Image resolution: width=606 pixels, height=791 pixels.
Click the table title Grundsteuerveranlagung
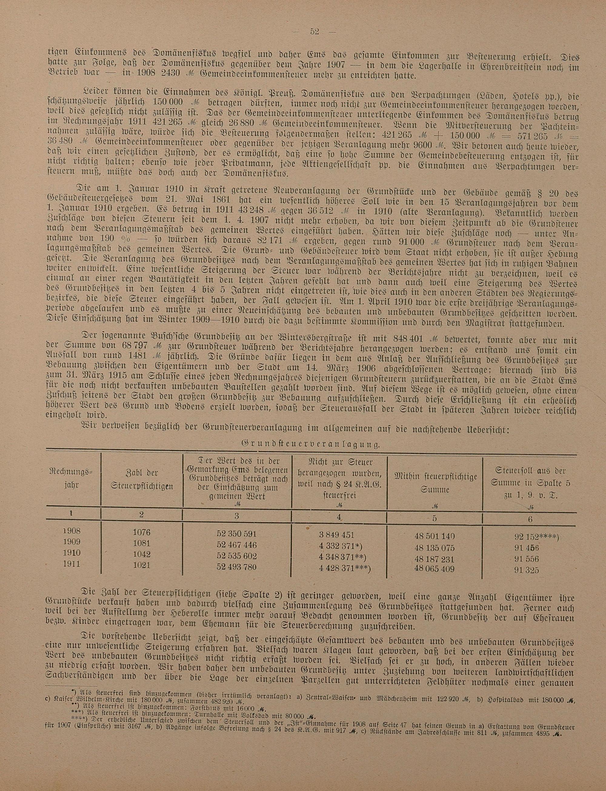tap(310, 445)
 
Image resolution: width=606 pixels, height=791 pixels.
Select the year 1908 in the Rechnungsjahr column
tap(71, 531)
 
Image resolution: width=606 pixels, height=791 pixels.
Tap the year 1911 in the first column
tap(72, 564)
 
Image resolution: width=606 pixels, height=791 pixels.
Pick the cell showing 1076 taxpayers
tap(142, 532)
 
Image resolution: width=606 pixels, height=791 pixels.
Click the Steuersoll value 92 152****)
tap(537, 537)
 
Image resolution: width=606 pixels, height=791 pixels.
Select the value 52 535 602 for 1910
tap(237, 556)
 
